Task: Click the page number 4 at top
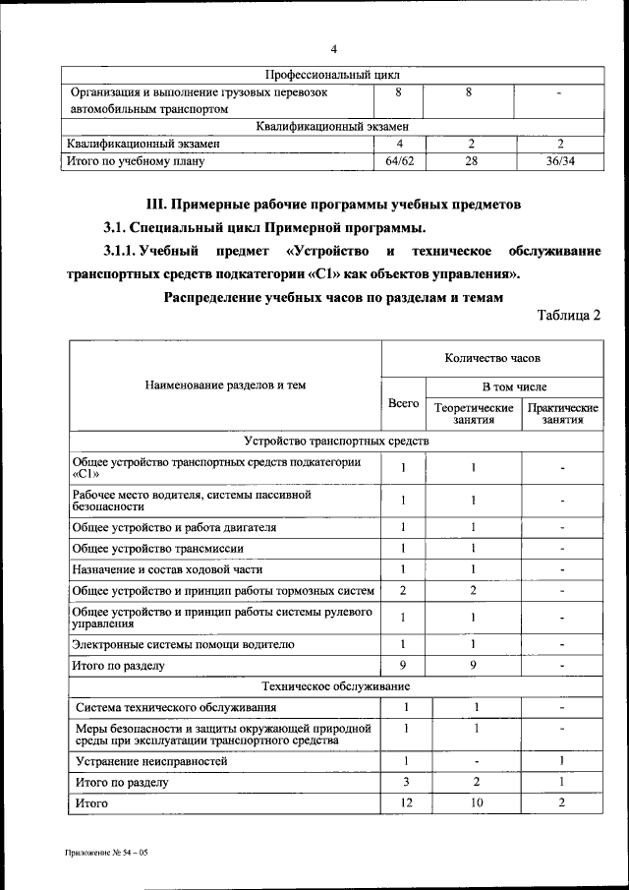point(334,49)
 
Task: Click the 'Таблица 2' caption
point(568,315)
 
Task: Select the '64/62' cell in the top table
point(399,160)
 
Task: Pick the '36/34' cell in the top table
point(559,160)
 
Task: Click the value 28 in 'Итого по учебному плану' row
point(470,160)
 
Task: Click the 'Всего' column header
point(403,404)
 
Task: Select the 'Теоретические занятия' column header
point(474,413)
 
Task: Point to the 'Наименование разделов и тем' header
point(225,386)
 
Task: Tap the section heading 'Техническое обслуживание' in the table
point(335,685)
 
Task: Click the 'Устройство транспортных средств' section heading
point(335,442)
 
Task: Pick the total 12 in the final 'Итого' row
point(404,804)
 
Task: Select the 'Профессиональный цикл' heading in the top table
point(333,74)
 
